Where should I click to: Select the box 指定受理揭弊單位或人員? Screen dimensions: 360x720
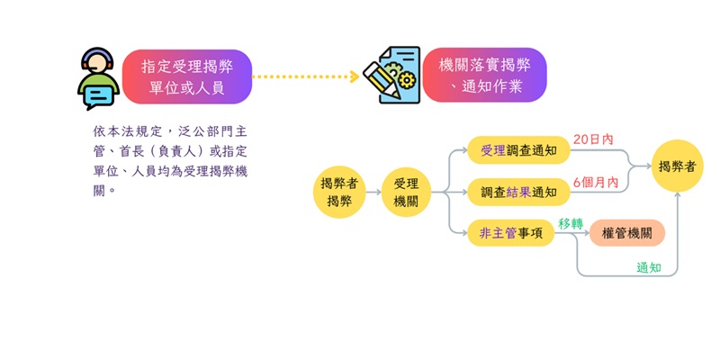pyautogui.click(x=187, y=76)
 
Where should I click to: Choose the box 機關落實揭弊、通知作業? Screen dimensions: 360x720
pyautogui.click(x=485, y=76)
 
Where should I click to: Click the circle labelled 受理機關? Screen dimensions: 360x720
pyautogui.click(x=406, y=192)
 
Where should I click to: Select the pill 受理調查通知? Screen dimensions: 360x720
pyautogui.click(x=519, y=150)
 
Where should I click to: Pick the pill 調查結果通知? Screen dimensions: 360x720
pyautogui.click(x=519, y=192)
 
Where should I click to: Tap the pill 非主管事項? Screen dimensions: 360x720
pyautogui.click(x=510, y=233)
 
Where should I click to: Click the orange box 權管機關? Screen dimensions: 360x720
pyautogui.click(x=627, y=233)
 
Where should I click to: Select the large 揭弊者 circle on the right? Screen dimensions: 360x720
pyautogui.click(x=677, y=166)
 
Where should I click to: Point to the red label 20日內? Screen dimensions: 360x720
pyautogui.click(x=593, y=139)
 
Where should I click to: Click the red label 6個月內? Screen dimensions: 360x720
pyautogui.click(x=595, y=182)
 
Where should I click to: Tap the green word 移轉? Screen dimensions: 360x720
pyautogui.click(x=571, y=222)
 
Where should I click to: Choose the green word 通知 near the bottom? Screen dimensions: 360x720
pyautogui.click(x=649, y=267)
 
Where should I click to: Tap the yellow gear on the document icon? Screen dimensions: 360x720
pyautogui.click(x=405, y=80)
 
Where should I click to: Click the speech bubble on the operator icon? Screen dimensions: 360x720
pyautogui.click(x=98, y=93)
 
